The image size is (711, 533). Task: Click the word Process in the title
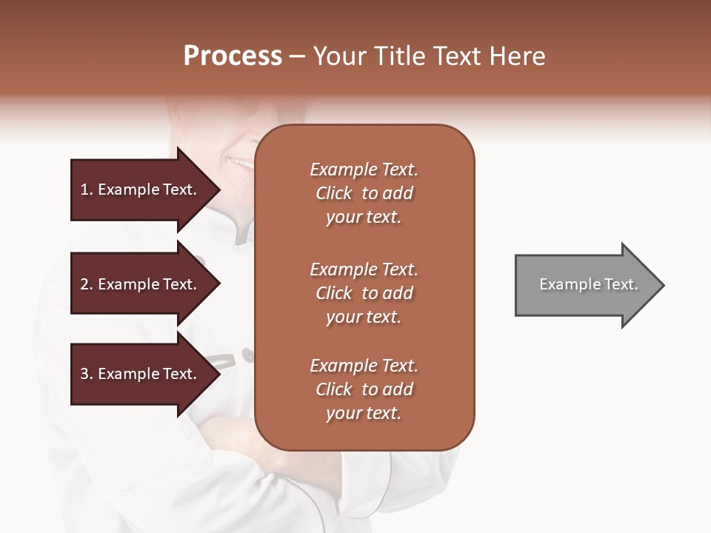[x=233, y=56]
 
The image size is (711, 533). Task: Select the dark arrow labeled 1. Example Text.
[x=141, y=190]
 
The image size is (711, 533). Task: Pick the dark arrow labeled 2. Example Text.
[x=141, y=284]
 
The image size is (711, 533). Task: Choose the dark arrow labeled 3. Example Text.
[x=141, y=374]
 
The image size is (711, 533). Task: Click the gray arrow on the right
[x=585, y=285]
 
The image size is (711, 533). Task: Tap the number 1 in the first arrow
[x=84, y=190]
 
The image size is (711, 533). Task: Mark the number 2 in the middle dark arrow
[x=84, y=284]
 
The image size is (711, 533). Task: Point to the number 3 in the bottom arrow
[x=84, y=374]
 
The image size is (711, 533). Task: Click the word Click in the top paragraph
[x=334, y=193]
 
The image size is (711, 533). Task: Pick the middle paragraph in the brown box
[x=364, y=292]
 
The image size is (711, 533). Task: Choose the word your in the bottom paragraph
[x=342, y=413]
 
